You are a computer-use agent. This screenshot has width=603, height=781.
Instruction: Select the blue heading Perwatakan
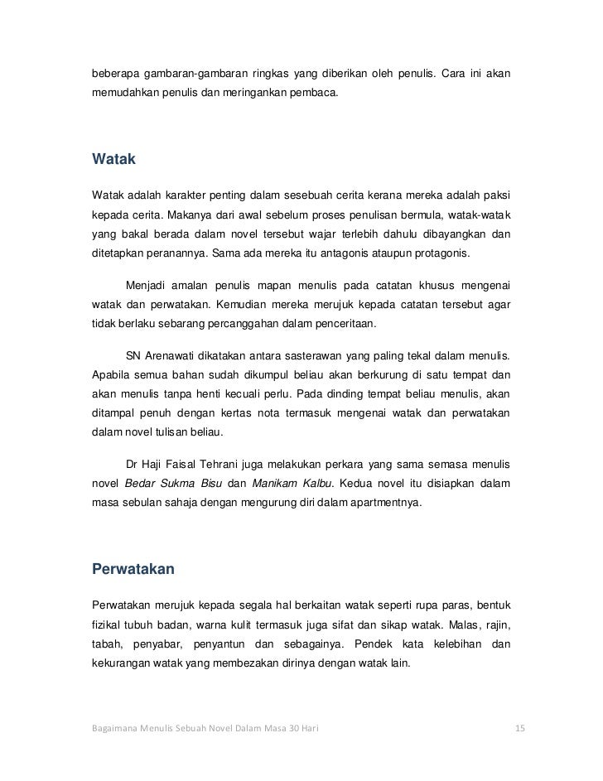pos(136,569)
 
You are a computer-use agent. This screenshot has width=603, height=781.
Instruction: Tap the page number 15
pos(520,729)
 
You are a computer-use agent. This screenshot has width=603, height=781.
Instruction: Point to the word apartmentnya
pos(388,502)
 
